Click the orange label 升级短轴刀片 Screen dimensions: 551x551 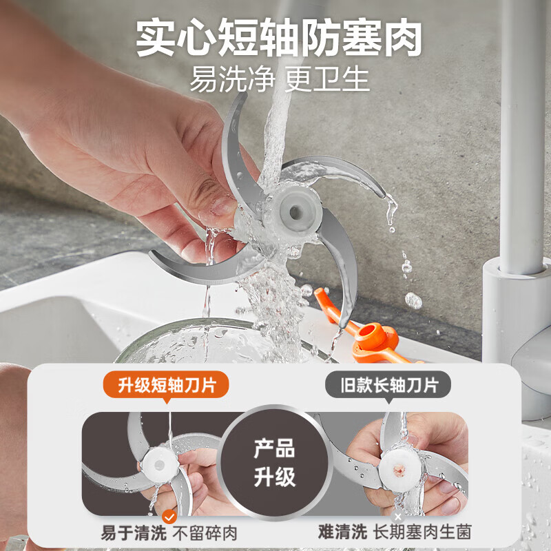tap(166, 384)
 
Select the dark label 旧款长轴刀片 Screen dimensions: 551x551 tap(390, 384)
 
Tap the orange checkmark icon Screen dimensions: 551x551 tap(169, 516)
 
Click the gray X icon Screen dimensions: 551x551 tap(397, 516)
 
